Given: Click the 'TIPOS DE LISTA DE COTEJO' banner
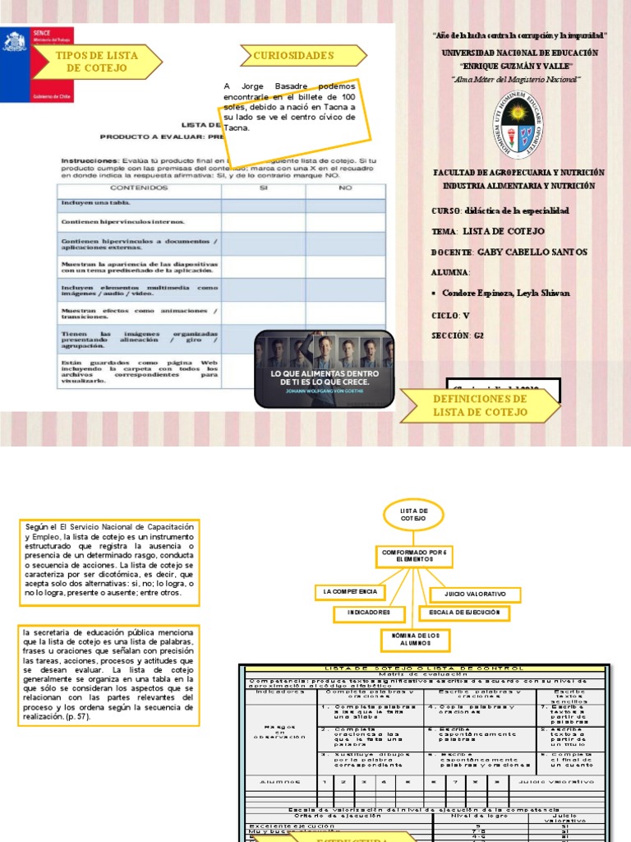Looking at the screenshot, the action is point(96,62).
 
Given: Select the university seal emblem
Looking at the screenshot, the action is point(518,124).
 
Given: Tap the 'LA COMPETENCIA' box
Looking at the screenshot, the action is point(350,592).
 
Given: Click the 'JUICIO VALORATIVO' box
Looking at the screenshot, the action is point(475,594).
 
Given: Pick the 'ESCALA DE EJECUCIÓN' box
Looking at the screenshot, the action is point(464,613).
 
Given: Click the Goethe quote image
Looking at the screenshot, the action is point(324,368).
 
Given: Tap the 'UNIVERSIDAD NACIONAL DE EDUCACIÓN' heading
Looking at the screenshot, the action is point(519,52).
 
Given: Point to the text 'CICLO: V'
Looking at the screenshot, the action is point(450,315).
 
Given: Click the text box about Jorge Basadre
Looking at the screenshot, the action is point(291,117).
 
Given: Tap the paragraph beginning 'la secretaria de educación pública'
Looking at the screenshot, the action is point(108,674).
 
